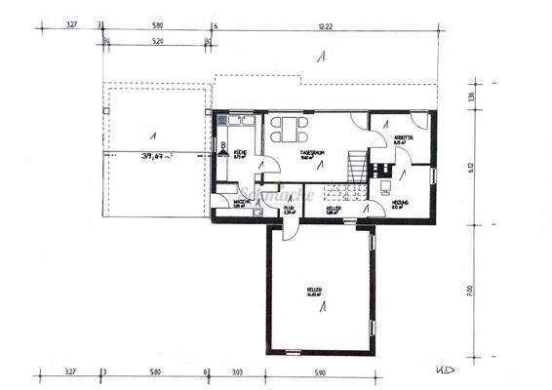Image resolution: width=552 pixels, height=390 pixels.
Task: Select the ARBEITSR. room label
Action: click(404, 139)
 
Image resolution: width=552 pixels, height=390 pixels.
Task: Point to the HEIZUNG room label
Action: click(400, 204)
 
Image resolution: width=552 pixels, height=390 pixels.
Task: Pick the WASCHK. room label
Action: click(242, 203)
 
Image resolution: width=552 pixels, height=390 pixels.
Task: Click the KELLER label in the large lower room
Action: click(314, 291)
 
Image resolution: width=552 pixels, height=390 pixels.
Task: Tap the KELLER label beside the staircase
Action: click(334, 208)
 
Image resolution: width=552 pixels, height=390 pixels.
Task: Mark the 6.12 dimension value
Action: click(472, 168)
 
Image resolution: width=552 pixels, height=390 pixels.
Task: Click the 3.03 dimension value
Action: click(237, 371)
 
